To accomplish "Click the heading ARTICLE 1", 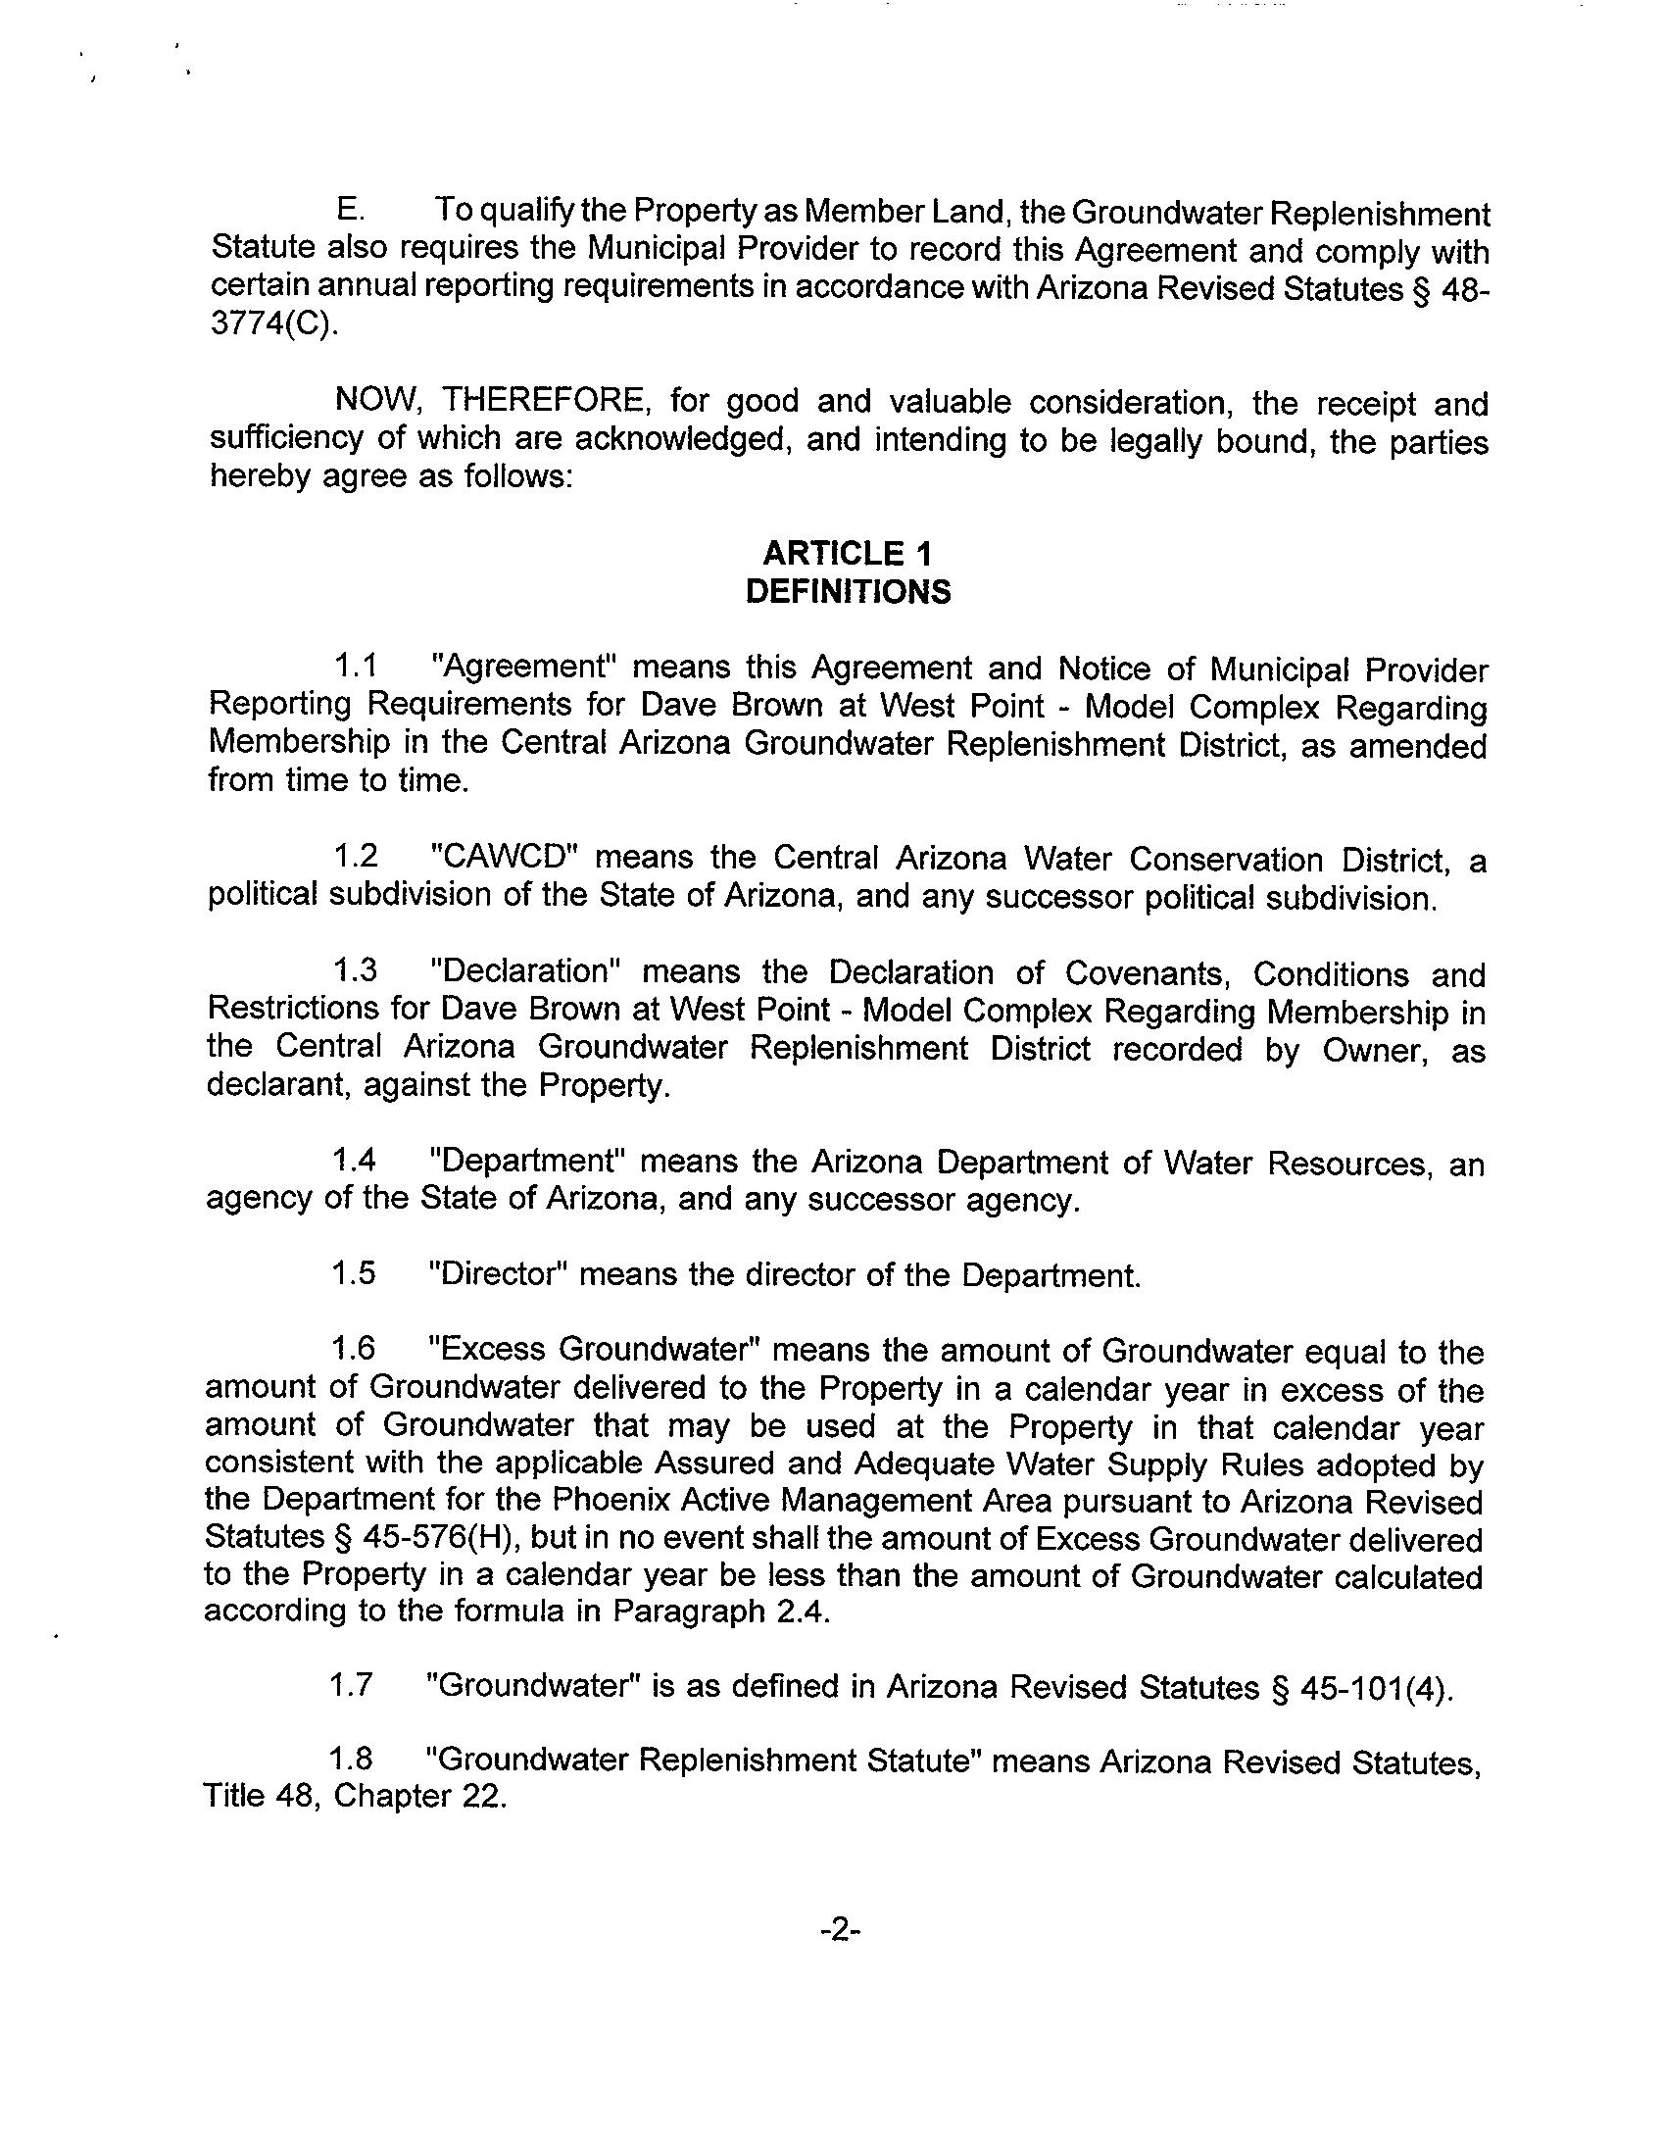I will (847, 554).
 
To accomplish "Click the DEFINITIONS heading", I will (848, 592).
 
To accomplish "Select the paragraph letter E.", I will (349, 211).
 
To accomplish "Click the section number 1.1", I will (356, 667).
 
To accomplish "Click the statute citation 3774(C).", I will (274, 325).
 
